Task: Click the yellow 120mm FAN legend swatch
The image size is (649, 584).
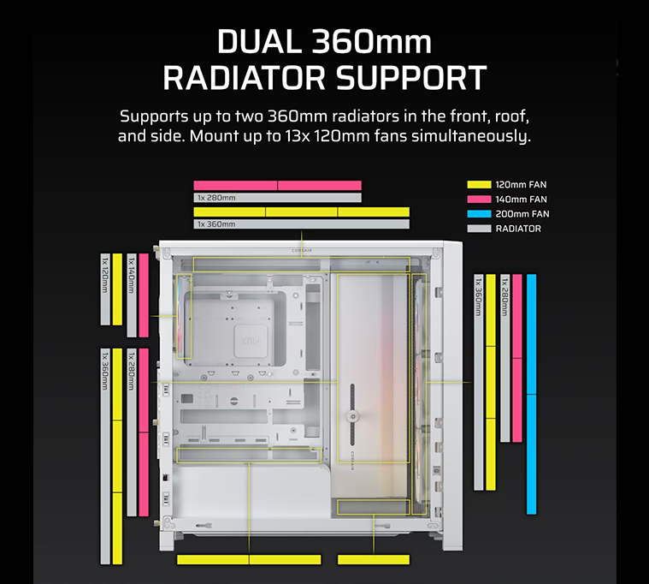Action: pos(480,184)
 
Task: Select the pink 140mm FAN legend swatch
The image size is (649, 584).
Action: pos(480,199)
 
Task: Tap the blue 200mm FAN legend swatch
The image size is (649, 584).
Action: pos(480,214)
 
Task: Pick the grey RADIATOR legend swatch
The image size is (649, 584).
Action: pos(480,229)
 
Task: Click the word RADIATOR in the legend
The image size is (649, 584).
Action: pos(518,229)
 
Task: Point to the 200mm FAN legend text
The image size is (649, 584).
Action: pos(522,214)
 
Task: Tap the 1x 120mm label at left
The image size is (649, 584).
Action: pos(105,275)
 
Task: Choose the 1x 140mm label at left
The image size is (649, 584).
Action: pos(132,275)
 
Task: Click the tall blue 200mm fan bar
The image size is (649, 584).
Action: pos(532,394)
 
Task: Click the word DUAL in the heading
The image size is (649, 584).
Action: pos(259,41)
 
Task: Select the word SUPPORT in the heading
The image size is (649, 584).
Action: pos(411,78)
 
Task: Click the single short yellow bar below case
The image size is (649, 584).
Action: pos(374,559)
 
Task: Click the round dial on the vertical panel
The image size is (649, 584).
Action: pos(352,416)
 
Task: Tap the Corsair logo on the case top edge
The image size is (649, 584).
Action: pos(302,250)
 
